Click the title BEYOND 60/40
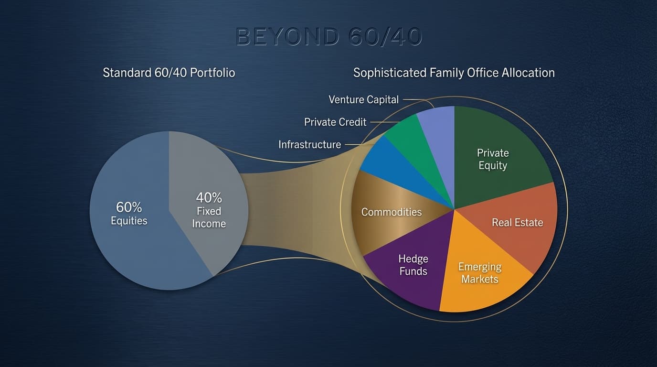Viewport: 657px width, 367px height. (328, 37)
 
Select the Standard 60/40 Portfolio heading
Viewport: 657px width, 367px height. (169, 73)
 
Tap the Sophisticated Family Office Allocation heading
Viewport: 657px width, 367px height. (454, 73)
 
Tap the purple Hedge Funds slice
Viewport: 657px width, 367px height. (411, 282)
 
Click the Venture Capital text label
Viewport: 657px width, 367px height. (364, 100)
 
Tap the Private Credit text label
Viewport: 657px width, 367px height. (335, 122)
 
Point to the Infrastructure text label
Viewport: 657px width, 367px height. (310, 144)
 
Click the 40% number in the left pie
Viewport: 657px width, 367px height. (209, 197)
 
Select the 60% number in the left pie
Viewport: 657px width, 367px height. (129, 207)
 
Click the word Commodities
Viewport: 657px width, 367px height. (392, 212)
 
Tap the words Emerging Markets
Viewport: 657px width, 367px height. (480, 273)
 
